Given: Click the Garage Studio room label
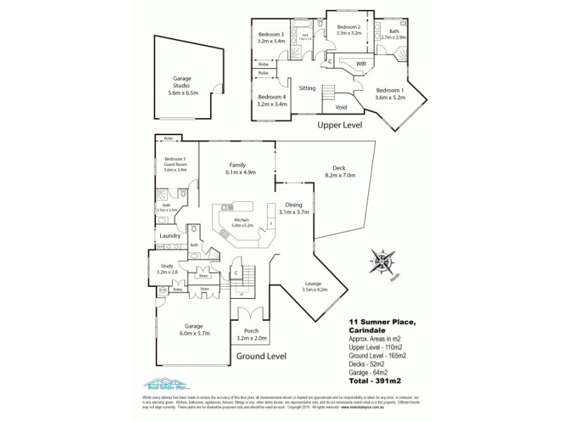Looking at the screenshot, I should pyautogui.click(x=182, y=87).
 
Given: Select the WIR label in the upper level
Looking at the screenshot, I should pyautogui.click(x=361, y=64).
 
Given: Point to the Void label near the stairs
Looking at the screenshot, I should pyautogui.click(x=341, y=108).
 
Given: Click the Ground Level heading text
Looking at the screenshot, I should pyautogui.click(x=261, y=357).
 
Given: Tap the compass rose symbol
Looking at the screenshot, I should pyautogui.click(x=384, y=261).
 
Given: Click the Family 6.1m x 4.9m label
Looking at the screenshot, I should pyautogui.click(x=236, y=167).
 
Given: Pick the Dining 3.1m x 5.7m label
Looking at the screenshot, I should pyautogui.click(x=294, y=207).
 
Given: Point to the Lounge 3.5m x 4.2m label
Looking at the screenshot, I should pyautogui.click(x=315, y=286).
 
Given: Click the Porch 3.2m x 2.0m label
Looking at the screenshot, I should pyautogui.click(x=251, y=334).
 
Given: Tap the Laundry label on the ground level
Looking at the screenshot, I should pyautogui.click(x=170, y=236).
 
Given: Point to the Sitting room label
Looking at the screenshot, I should pyautogui.click(x=307, y=89).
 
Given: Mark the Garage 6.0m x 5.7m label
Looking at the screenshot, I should pyautogui.click(x=193, y=330).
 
